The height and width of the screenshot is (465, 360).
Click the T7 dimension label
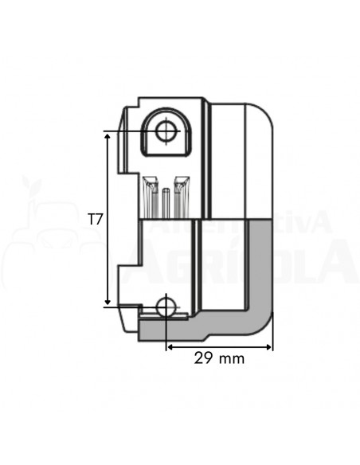(95, 219)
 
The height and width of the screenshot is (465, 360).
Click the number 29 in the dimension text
(202, 358)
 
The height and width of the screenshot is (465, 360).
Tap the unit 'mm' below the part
(232, 358)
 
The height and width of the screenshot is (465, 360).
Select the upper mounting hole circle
(166, 131)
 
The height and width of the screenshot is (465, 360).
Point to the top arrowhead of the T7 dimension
(108, 136)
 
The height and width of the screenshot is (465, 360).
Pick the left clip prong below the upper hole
(149, 195)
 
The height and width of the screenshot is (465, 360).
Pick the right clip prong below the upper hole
(181, 195)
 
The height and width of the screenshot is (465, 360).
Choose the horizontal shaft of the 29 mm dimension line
(219, 346)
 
